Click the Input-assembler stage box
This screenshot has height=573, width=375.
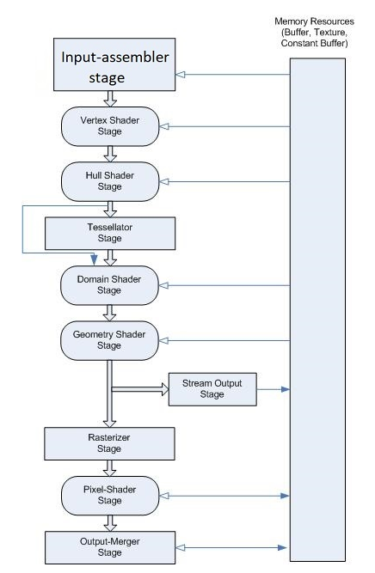click(x=114, y=64)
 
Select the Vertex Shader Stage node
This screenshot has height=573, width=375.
click(x=110, y=126)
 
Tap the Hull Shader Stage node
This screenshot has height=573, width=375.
click(x=110, y=181)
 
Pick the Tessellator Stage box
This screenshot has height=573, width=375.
click(x=110, y=234)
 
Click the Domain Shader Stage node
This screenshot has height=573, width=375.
click(x=109, y=285)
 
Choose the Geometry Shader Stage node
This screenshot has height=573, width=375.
click(x=109, y=340)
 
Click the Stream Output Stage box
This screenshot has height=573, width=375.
click(x=212, y=389)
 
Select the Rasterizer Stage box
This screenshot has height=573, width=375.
click(x=109, y=443)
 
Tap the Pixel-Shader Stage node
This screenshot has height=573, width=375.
click(x=110, y=496)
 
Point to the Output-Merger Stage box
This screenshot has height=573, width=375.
click(x=110, y=547)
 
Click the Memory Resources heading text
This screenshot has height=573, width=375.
click(x=314, y=32)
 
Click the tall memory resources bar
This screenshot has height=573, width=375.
click(x=317, y=309)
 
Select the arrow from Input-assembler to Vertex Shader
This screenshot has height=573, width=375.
click(x=110, y=99)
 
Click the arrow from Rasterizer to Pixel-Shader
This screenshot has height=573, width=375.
click(x=109, y=468)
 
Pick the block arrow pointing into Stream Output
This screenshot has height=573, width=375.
click(x=139, y=389)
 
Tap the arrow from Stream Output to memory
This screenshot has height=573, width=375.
click(x=274, y=389)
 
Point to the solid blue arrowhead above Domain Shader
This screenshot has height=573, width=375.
click(x=94, y=259)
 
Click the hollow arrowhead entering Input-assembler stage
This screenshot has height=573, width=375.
click(x=181, y=75)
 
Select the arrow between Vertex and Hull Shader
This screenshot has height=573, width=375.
click(x=110, y=154)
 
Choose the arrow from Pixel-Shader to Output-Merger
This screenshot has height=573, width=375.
click(x=110, y=523)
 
